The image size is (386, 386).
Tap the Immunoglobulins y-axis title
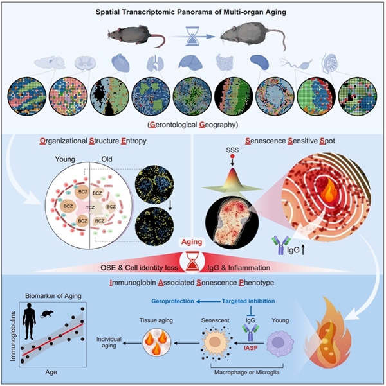click(11, 337)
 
